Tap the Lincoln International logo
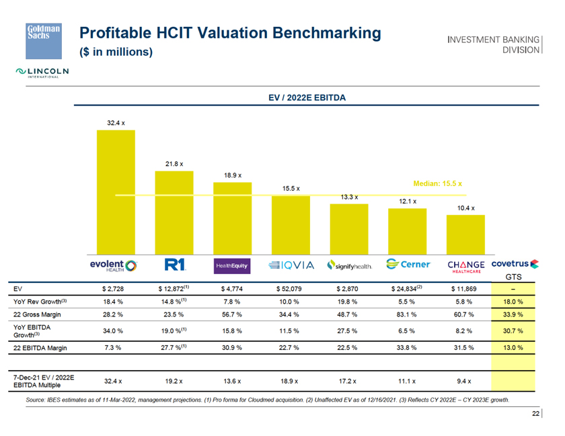pos(44,72)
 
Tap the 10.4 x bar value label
pos(466,208)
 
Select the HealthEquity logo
pos(232,266)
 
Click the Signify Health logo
pos(348,265)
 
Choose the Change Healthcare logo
pos(466,266)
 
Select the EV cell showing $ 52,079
pos(291,289)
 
